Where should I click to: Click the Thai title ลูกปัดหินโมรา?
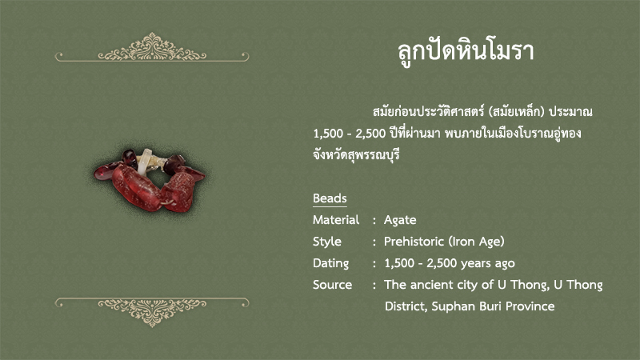(x=466, y=52)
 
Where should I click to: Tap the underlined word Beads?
(x=330, y=198)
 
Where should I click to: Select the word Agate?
(x=400, y=221)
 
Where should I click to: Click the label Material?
(x=336, y=220)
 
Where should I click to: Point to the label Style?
(x=327, y=242)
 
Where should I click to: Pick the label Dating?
(x=330, y=264)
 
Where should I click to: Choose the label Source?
(x=332, y=285)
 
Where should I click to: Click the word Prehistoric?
(x=414, y=242)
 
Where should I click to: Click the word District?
(x=406, y=306)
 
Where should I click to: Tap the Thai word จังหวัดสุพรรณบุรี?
(x=356, y=155)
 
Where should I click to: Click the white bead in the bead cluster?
(x=144, y=162)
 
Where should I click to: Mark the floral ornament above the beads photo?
(x=152, y=48)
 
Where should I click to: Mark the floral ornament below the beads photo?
(x=152, y=312)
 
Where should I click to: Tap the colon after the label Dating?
(x=374, y=264)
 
